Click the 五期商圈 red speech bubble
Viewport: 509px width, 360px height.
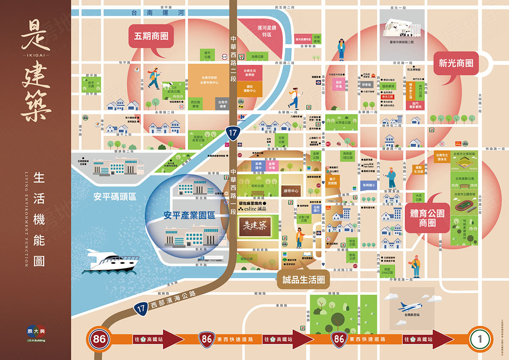pyautogui.click(x=151, y=36)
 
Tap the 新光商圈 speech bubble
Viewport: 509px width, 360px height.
pyautogui.click(x=456, y=64)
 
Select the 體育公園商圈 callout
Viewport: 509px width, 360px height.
pyautogui.click(x=427, y=218)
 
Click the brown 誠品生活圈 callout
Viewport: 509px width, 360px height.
pyautogui.click(x=303, y=279)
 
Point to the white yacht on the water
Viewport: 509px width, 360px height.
pyautogui.click(x=112, y=261)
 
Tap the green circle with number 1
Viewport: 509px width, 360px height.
pyautogui.click(x=480, y=339)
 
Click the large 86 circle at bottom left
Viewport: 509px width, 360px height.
pyautogui.click(x=100, y=339)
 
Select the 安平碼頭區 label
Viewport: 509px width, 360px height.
pyautogui.click(x=115, y=197)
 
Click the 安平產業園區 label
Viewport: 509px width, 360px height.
pyautogui.click(x=189, y=215)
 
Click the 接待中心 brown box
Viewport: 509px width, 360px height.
pyautogui.click(x=291, y=191)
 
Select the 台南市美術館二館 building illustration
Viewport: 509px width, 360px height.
pyautogui.click(x=401, y=30)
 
